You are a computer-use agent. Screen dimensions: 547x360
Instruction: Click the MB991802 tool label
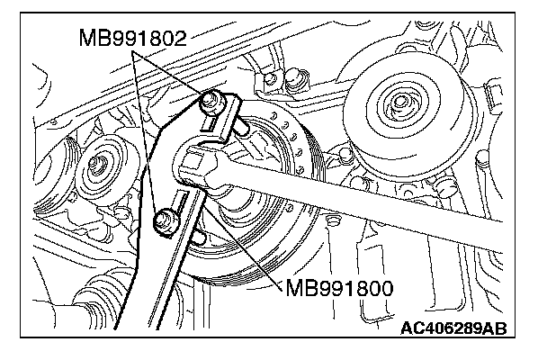(x=133, y=38)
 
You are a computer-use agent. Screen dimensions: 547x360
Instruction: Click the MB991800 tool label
(x=339, y=288)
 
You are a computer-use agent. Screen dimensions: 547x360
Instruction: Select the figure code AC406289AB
(x=453, y=328)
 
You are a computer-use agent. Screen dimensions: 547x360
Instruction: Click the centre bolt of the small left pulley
(x=94, y=163)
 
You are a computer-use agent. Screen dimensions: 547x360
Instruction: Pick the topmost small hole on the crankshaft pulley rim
(x=275, y=115)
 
